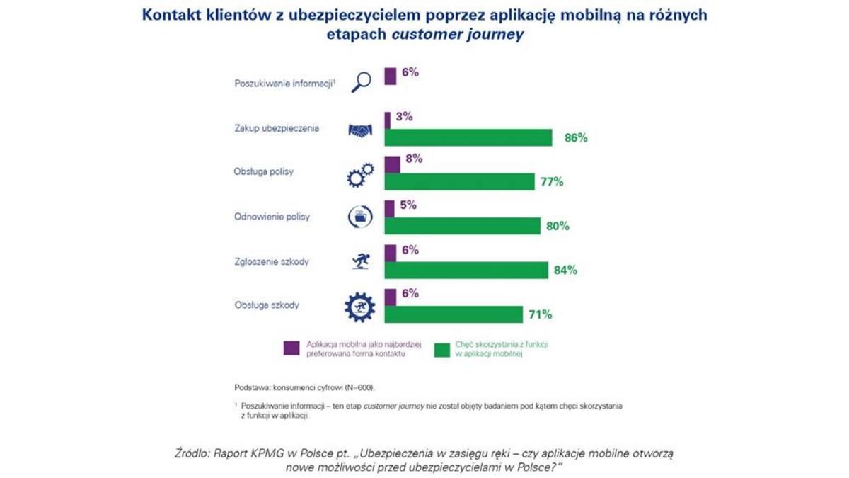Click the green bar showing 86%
point(468,137)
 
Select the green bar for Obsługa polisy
point(459,182)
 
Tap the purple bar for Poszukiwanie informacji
point(390,76)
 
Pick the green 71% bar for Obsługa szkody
point(454,314)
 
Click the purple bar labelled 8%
point(392,164)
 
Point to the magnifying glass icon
point(361,81)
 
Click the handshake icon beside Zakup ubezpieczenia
point(361,130)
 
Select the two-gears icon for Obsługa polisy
point(360,174)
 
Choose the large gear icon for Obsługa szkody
point(360,307)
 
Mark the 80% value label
point(557,226)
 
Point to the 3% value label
point(404,116)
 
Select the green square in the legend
point(442,348)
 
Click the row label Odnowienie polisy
point(272,217)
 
